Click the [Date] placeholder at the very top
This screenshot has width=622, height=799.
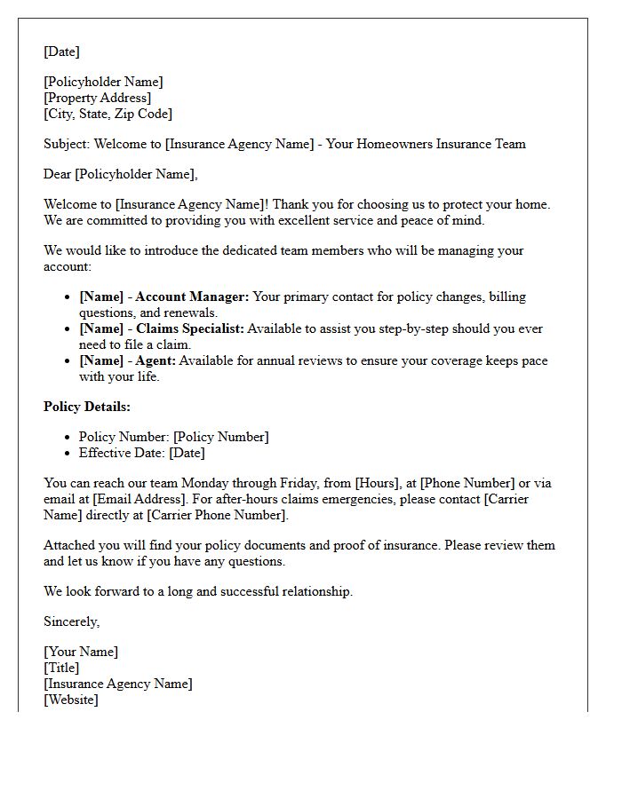tap(61, 51)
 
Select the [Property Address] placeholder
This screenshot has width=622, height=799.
tap(97, 98)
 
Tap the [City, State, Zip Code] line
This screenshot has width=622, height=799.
tap(108, 114)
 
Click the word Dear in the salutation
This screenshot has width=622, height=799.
tap(58, 174)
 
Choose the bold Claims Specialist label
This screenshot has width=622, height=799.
tap(189, 328)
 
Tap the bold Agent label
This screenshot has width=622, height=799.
tap(155, 360)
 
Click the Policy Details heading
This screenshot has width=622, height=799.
tap(87, 407)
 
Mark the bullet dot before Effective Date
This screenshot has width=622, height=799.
tap(68, 453)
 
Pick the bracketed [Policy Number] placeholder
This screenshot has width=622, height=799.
tap(220, 437)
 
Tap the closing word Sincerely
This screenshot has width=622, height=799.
tap(71, 621)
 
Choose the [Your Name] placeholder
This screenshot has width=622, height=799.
tap(81, 652)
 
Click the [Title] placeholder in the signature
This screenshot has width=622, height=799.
tap(61, 668)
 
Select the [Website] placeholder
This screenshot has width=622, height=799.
tap(71, 700)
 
